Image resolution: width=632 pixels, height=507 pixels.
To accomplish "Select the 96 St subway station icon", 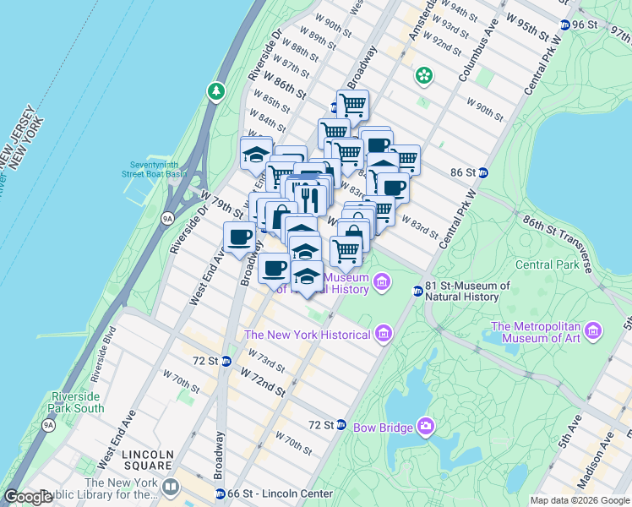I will pyautogui.click(x=565, y=25).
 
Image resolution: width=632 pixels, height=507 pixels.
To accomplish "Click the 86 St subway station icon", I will pyautogui.click(x=483, y=172).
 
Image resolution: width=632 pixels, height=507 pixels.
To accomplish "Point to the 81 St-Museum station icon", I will pyautogui.click(x=417, y=292).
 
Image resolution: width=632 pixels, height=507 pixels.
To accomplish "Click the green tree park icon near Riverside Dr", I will pyautogui.click(x=217, y=90).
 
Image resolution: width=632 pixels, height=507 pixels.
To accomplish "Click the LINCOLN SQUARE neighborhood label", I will pyautogui.click(x=148, y=460).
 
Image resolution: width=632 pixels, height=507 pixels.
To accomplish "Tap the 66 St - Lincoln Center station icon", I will pyautogui.click(x=221, y=494).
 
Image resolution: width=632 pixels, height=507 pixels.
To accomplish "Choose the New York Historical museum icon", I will pyautogui.click(x=384, y=335).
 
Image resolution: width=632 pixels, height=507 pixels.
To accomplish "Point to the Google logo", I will pyautogui.click(x=28, y=497).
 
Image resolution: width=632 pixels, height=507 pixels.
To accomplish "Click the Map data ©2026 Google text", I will pyautogui.click(x=580, y=500).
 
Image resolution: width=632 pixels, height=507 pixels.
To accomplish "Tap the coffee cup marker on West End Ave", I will pyautogui.click(x=239, y=237).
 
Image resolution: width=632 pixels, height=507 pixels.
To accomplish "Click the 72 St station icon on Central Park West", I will pyautogui.click(x=341, y=424).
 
